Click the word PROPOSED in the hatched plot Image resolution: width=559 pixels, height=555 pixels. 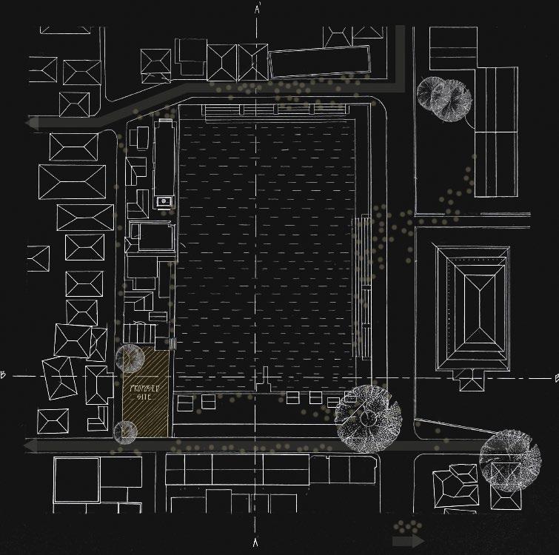point(143,387)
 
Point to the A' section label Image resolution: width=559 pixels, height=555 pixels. point(257,10)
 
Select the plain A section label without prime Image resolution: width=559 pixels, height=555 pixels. point(257,543)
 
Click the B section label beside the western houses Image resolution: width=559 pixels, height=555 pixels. point(4,377)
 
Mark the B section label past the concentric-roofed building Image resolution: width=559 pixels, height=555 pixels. point(552,377)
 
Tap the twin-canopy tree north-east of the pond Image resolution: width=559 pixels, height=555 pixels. point(443,95)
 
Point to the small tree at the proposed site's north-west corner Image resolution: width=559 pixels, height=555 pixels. point(130,358)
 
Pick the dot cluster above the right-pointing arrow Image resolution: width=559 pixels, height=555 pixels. point(404,526)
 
